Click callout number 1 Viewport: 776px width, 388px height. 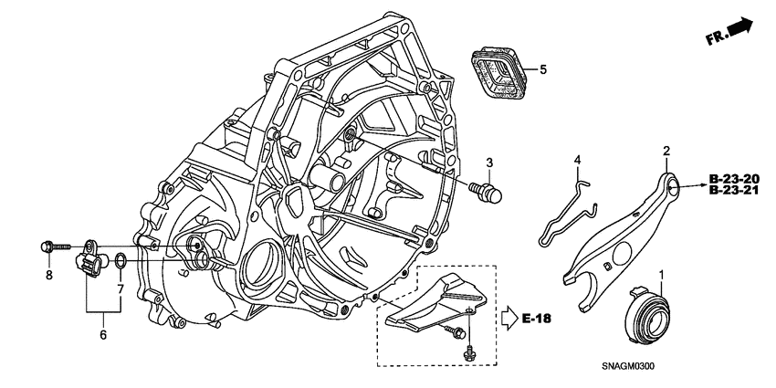click(x=663, y=275)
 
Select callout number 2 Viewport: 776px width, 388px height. click(x=666, y=151)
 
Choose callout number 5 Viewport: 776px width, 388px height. click(x=542, y=69)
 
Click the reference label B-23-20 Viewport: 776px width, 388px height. click(x=734, y=177)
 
